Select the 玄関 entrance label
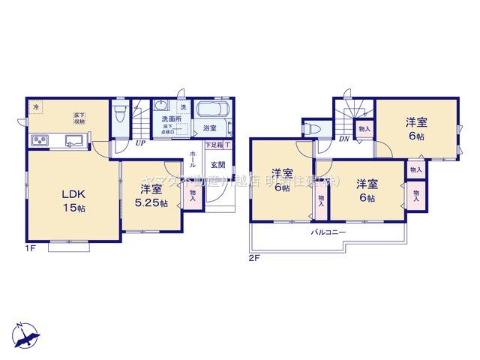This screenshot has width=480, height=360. point(216,164)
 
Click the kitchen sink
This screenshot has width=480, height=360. point(73,139)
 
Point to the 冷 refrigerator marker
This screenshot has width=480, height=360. point(36,107)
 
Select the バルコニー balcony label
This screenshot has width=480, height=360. point(328,232)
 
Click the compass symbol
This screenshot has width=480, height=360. point(26,332)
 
